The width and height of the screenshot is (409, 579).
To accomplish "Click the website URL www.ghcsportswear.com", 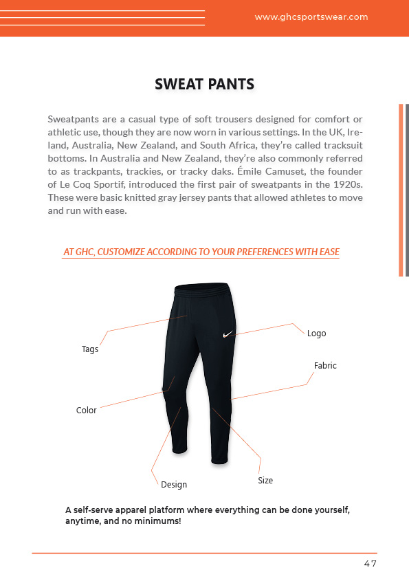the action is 311,17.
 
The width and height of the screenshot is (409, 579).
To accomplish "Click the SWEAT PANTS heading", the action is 205,85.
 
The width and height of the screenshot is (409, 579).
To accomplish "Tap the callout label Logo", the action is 316,334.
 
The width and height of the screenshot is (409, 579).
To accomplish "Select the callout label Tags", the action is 90,349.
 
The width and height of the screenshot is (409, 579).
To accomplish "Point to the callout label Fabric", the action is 325,366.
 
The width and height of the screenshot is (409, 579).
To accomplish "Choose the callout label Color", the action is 87,411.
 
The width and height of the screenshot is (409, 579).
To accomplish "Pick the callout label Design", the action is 174,485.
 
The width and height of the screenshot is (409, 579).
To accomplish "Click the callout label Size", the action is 265,481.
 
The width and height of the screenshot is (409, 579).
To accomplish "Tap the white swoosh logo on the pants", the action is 230,335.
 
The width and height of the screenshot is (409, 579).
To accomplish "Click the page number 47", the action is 371,564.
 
